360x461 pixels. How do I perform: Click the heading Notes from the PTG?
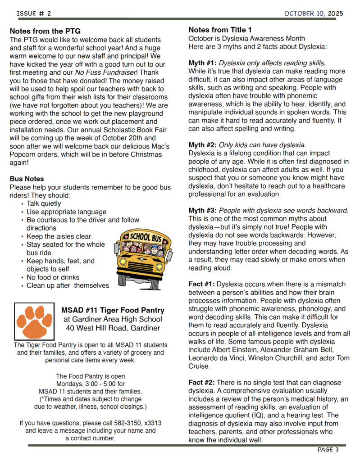[x=45, y=32]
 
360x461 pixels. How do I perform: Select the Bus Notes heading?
[x=27, y=179]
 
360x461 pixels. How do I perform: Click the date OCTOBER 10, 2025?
[x=313, y=14]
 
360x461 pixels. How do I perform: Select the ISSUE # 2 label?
[x=34, y=14]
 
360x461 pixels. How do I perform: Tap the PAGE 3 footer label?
[x=328, y=449]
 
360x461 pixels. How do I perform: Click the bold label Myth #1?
[x=202, y=63]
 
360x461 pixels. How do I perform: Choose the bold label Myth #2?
[x=202, y=145]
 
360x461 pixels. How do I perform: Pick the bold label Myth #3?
[x=202, y=211]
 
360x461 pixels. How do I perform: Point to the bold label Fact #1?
[x=201, y=284]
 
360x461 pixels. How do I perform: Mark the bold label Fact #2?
[x=201, y=383]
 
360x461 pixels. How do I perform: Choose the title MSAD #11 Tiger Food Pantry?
[x=113, y=311]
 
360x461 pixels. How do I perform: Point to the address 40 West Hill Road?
[x=102, y=328]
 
